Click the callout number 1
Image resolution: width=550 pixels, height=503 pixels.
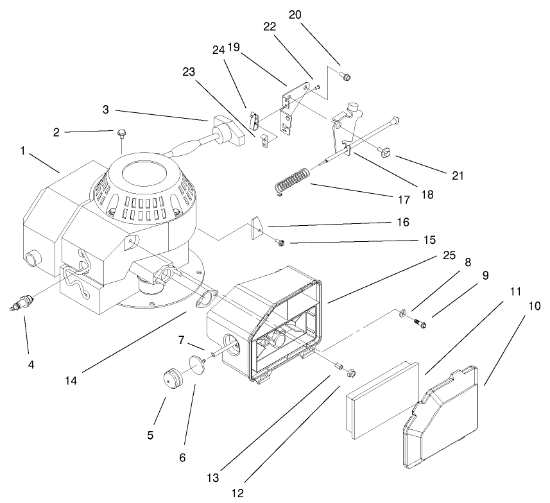[22, 151]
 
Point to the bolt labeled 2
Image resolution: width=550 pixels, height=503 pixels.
[121, 134]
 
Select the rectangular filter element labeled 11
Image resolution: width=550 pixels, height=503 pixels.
[381, 398]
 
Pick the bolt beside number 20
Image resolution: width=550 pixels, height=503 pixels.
[345, 77]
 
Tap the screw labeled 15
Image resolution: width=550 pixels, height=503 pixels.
[280, 243]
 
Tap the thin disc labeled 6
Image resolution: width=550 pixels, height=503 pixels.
[193, 366]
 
